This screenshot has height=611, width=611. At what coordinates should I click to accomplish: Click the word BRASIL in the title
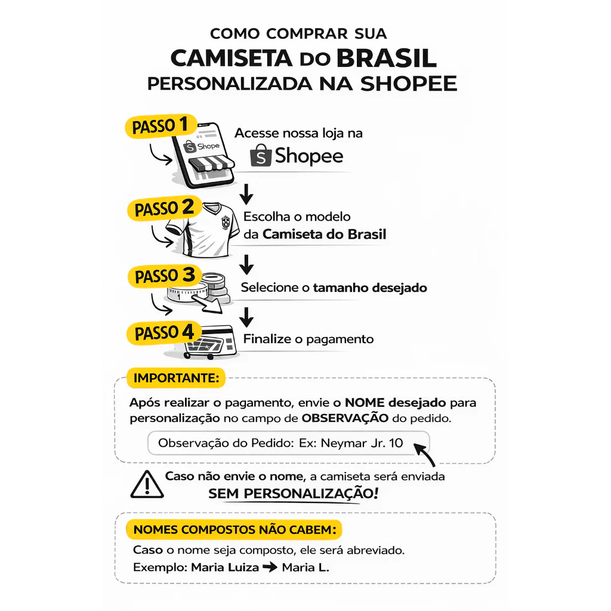tap(386, 58)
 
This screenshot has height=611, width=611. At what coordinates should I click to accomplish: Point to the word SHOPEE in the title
tap(409, 84)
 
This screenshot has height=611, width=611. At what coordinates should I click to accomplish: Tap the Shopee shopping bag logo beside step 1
tap(261, 156)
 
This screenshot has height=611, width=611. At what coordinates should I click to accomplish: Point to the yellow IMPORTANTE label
tap(175, 378)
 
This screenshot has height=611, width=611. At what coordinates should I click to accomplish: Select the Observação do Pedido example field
tap(280, 443)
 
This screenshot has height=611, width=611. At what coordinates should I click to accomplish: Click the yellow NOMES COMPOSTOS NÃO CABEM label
tap(234, 529)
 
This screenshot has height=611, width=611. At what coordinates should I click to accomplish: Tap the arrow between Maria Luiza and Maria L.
tap(270, 567)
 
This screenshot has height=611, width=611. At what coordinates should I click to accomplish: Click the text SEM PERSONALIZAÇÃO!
tap(292, 494)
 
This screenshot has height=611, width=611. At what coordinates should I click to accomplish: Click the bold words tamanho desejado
tap(370, 288)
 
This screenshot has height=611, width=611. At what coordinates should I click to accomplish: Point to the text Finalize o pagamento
tap(308, 340)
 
